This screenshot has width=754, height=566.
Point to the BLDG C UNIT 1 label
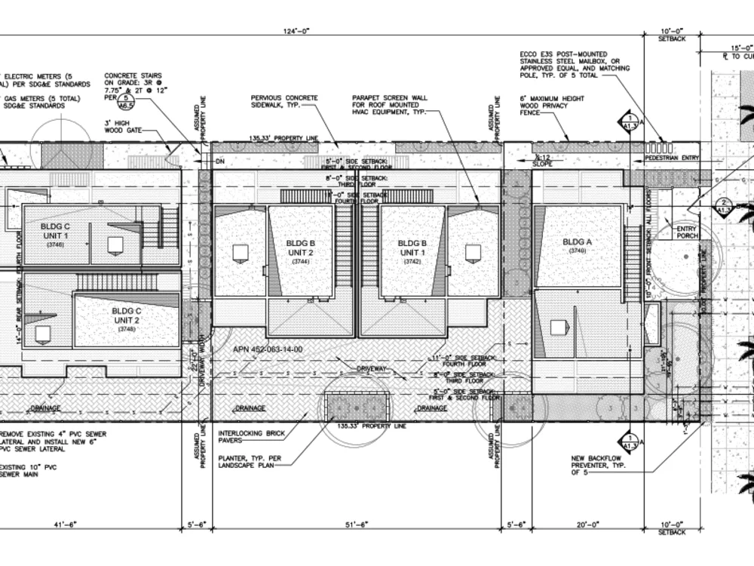pyautogui.click(x=57, y=230)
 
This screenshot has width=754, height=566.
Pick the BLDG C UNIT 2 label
pyautogui.click(x=127, y=315)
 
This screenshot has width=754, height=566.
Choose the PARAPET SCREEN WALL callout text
pyautogui.click(x=390, y=105)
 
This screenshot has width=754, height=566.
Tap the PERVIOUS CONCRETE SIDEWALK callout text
pyautogui.click(x=284, y=101)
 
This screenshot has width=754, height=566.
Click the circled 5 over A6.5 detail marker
pyautogui.click(x=127, y=99)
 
